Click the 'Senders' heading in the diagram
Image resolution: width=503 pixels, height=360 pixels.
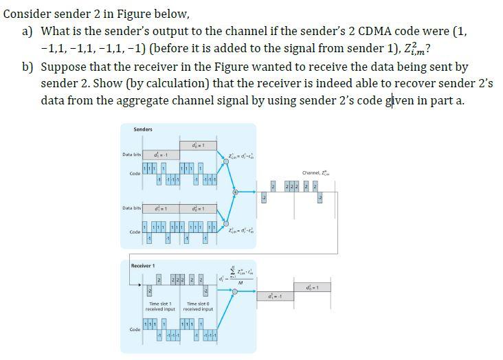pos(143,129)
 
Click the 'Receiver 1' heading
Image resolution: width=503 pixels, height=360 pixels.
pos(144,265)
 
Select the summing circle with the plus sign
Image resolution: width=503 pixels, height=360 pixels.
pos(235,193)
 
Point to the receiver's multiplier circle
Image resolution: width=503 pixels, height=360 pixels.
pos(235,292)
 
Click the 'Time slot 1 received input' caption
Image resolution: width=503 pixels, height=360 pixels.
pos(162,306)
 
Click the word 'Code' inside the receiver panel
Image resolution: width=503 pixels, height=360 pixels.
pos(135,330)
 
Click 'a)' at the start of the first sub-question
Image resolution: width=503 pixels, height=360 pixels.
pos(29,31)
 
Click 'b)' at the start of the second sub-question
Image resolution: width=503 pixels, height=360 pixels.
pos(29,67)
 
